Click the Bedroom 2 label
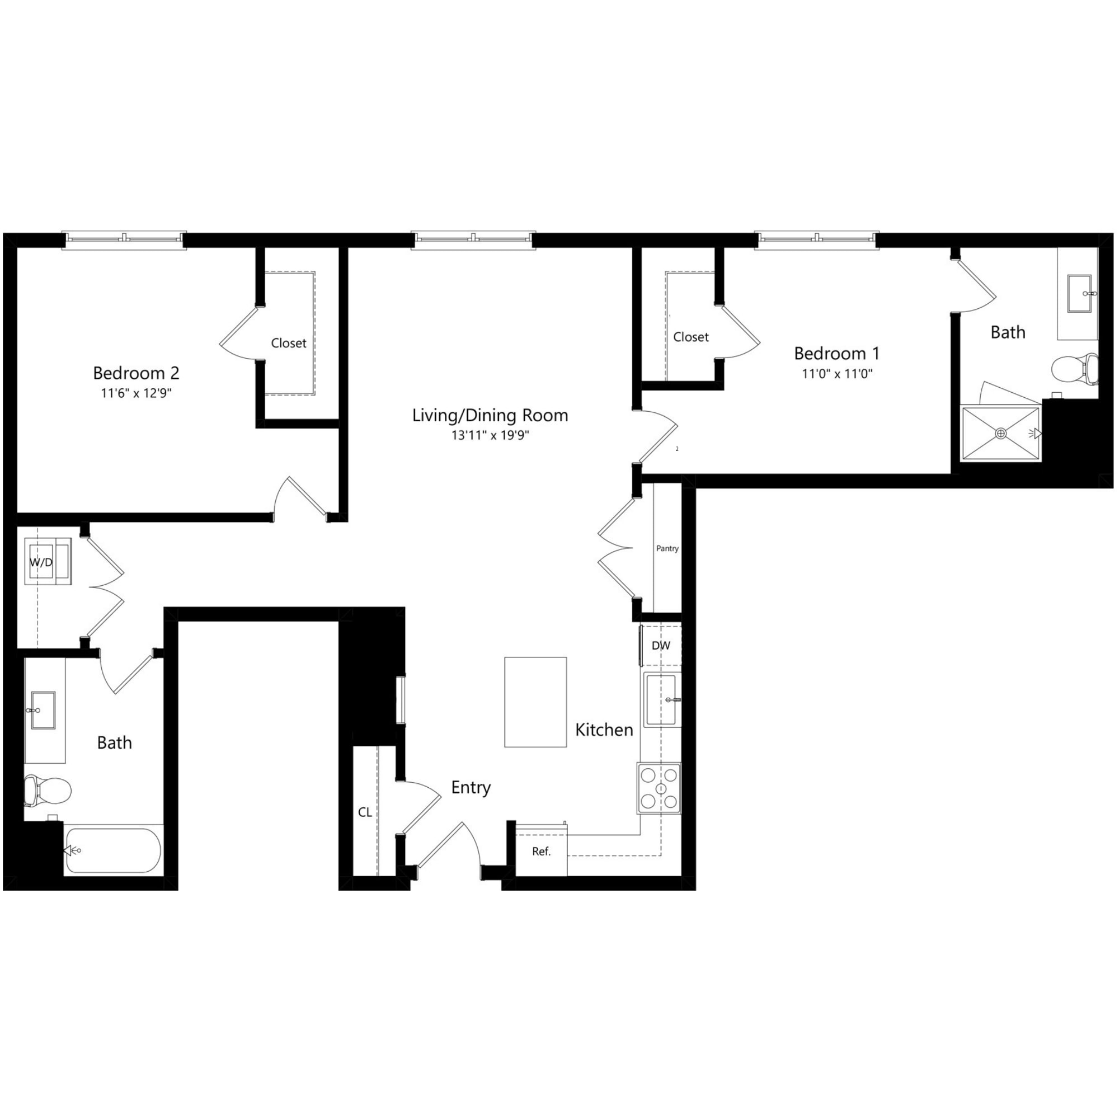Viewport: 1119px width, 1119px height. point(136,373)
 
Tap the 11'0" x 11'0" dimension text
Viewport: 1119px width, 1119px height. point(836,374)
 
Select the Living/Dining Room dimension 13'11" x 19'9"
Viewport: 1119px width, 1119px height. point(490,435)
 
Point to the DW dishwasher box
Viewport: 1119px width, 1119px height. point(661,645)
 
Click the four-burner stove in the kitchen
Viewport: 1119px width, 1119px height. point(659,788)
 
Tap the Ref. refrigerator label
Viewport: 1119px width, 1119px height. point(541,852)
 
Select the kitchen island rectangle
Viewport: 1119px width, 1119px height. point(535,702)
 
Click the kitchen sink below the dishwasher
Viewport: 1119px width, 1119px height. point(661,700)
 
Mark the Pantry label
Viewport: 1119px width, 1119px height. point(667,548)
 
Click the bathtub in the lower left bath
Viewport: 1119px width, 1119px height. point(113,850)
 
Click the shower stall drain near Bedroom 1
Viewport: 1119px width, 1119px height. point(1001,433)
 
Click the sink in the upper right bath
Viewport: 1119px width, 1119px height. point(1079,294)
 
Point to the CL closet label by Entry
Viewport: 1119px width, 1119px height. point(365,812)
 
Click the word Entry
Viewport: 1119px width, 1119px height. point(471,787)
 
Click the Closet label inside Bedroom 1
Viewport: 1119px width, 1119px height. point(690,337)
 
